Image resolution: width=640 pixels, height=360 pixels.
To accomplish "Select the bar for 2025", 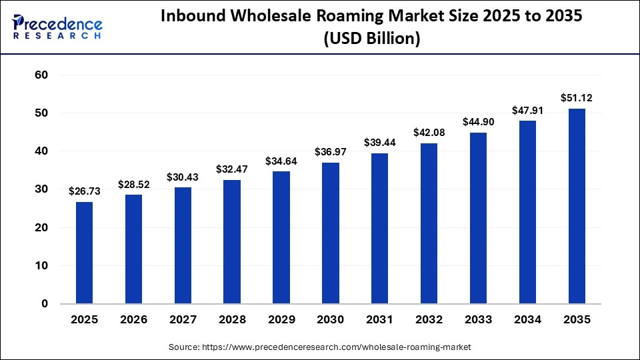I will coord(84,253).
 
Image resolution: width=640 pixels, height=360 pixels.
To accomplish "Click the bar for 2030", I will coord(331,233).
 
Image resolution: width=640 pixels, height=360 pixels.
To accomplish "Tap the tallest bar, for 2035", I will coord(577,206).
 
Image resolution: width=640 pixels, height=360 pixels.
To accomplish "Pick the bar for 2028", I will coord(232,241).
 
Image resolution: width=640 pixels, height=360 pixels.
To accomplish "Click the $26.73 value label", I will coord(84,191).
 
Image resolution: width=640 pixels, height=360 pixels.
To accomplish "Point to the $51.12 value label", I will coord(577,98).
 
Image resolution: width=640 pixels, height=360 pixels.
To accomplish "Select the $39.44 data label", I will coord(380,143).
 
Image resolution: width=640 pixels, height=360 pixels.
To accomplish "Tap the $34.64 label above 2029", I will coord(281,161).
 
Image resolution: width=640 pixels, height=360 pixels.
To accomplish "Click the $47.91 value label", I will coord(527,110).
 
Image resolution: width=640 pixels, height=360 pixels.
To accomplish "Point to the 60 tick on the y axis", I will coord(41,75).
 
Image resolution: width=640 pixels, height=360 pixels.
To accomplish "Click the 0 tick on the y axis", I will coord(45,304).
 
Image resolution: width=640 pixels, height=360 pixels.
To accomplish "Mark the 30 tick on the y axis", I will coord(41,189).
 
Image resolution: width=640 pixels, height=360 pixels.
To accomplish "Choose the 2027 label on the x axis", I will coord(183,320).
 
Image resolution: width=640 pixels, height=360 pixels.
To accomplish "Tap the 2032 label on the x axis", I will coord(429,320).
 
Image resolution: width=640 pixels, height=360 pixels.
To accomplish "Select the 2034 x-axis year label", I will coord(527,320).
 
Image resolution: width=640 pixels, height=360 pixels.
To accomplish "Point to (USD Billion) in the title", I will coord(371,39).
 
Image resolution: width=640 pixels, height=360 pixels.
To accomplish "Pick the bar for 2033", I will coord(479,218).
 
